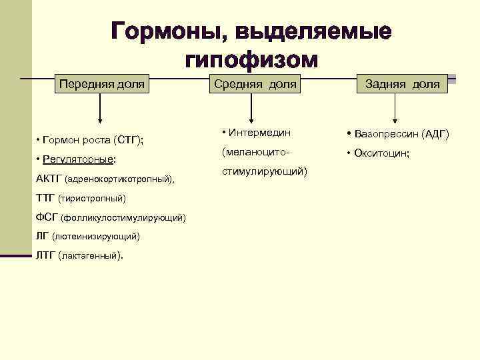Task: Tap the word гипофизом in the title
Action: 251,59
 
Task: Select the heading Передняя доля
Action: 102,84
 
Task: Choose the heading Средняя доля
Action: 254,84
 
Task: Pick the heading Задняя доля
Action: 402,84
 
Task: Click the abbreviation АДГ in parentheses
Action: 435,134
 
